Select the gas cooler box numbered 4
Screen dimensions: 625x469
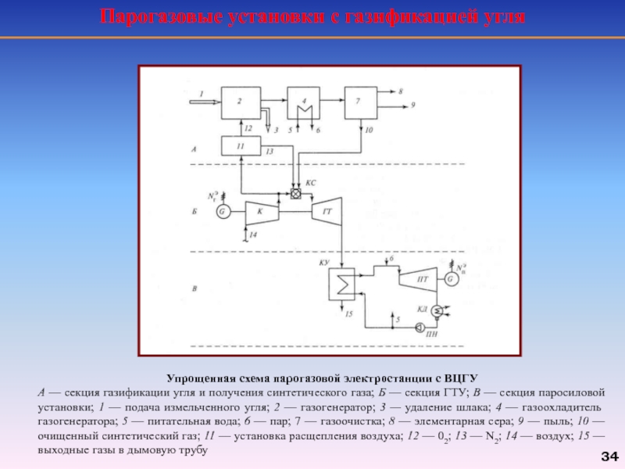pos(305,102)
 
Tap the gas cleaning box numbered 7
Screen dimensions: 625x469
pos(361,102)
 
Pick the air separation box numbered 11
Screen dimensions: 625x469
pos(241,145)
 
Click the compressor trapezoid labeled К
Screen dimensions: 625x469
pos(261,210)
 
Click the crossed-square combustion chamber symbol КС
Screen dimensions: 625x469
pos(296,194)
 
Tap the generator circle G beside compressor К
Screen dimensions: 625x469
pos(223,210)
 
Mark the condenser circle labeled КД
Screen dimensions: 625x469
pos(436,312)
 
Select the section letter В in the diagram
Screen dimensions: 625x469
pos(194,289)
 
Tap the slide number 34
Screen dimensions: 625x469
pos(609,456)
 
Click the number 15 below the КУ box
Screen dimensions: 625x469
pos(349,314)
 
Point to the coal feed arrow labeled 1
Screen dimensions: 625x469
pos(202,101)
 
